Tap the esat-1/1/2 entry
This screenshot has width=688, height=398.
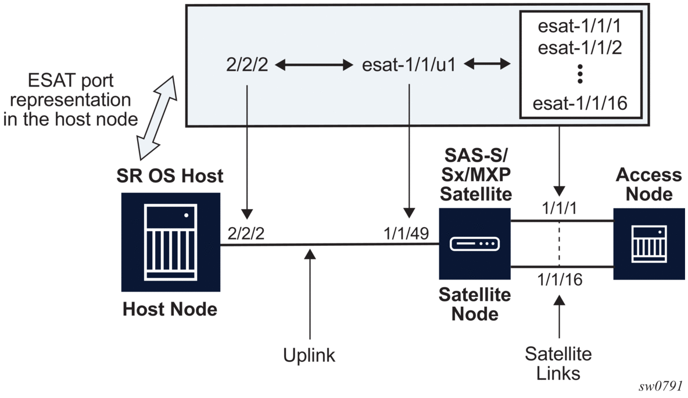coord(580,47)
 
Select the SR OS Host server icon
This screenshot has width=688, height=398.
coord(171,242)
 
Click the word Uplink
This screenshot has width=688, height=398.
coord(310,355)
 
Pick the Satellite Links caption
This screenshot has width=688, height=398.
coord(559,363)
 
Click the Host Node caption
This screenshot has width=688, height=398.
coord(170,309)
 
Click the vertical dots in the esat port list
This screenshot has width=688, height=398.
coord(580,74)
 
